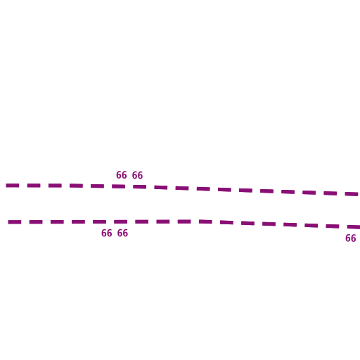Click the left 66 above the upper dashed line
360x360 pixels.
122,175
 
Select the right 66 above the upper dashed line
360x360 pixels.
137,175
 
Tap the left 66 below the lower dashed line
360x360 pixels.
107,233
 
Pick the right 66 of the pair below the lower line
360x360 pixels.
122,233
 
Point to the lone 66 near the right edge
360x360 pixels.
351,238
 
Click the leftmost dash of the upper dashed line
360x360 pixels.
13,186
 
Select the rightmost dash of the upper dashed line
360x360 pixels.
352,194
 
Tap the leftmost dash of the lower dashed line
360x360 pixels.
15,222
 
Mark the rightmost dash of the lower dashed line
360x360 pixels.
354,227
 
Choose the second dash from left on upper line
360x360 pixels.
34,186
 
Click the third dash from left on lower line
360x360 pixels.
57,222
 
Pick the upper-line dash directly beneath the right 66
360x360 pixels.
140,187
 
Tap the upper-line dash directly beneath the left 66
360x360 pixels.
118,186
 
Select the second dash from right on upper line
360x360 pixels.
330,193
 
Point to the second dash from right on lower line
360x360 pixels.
333,226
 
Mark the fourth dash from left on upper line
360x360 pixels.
76,186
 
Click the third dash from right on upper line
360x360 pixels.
309,193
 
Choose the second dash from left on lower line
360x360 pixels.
36,222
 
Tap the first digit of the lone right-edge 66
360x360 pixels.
348,238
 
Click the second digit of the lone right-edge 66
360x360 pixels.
354,238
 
